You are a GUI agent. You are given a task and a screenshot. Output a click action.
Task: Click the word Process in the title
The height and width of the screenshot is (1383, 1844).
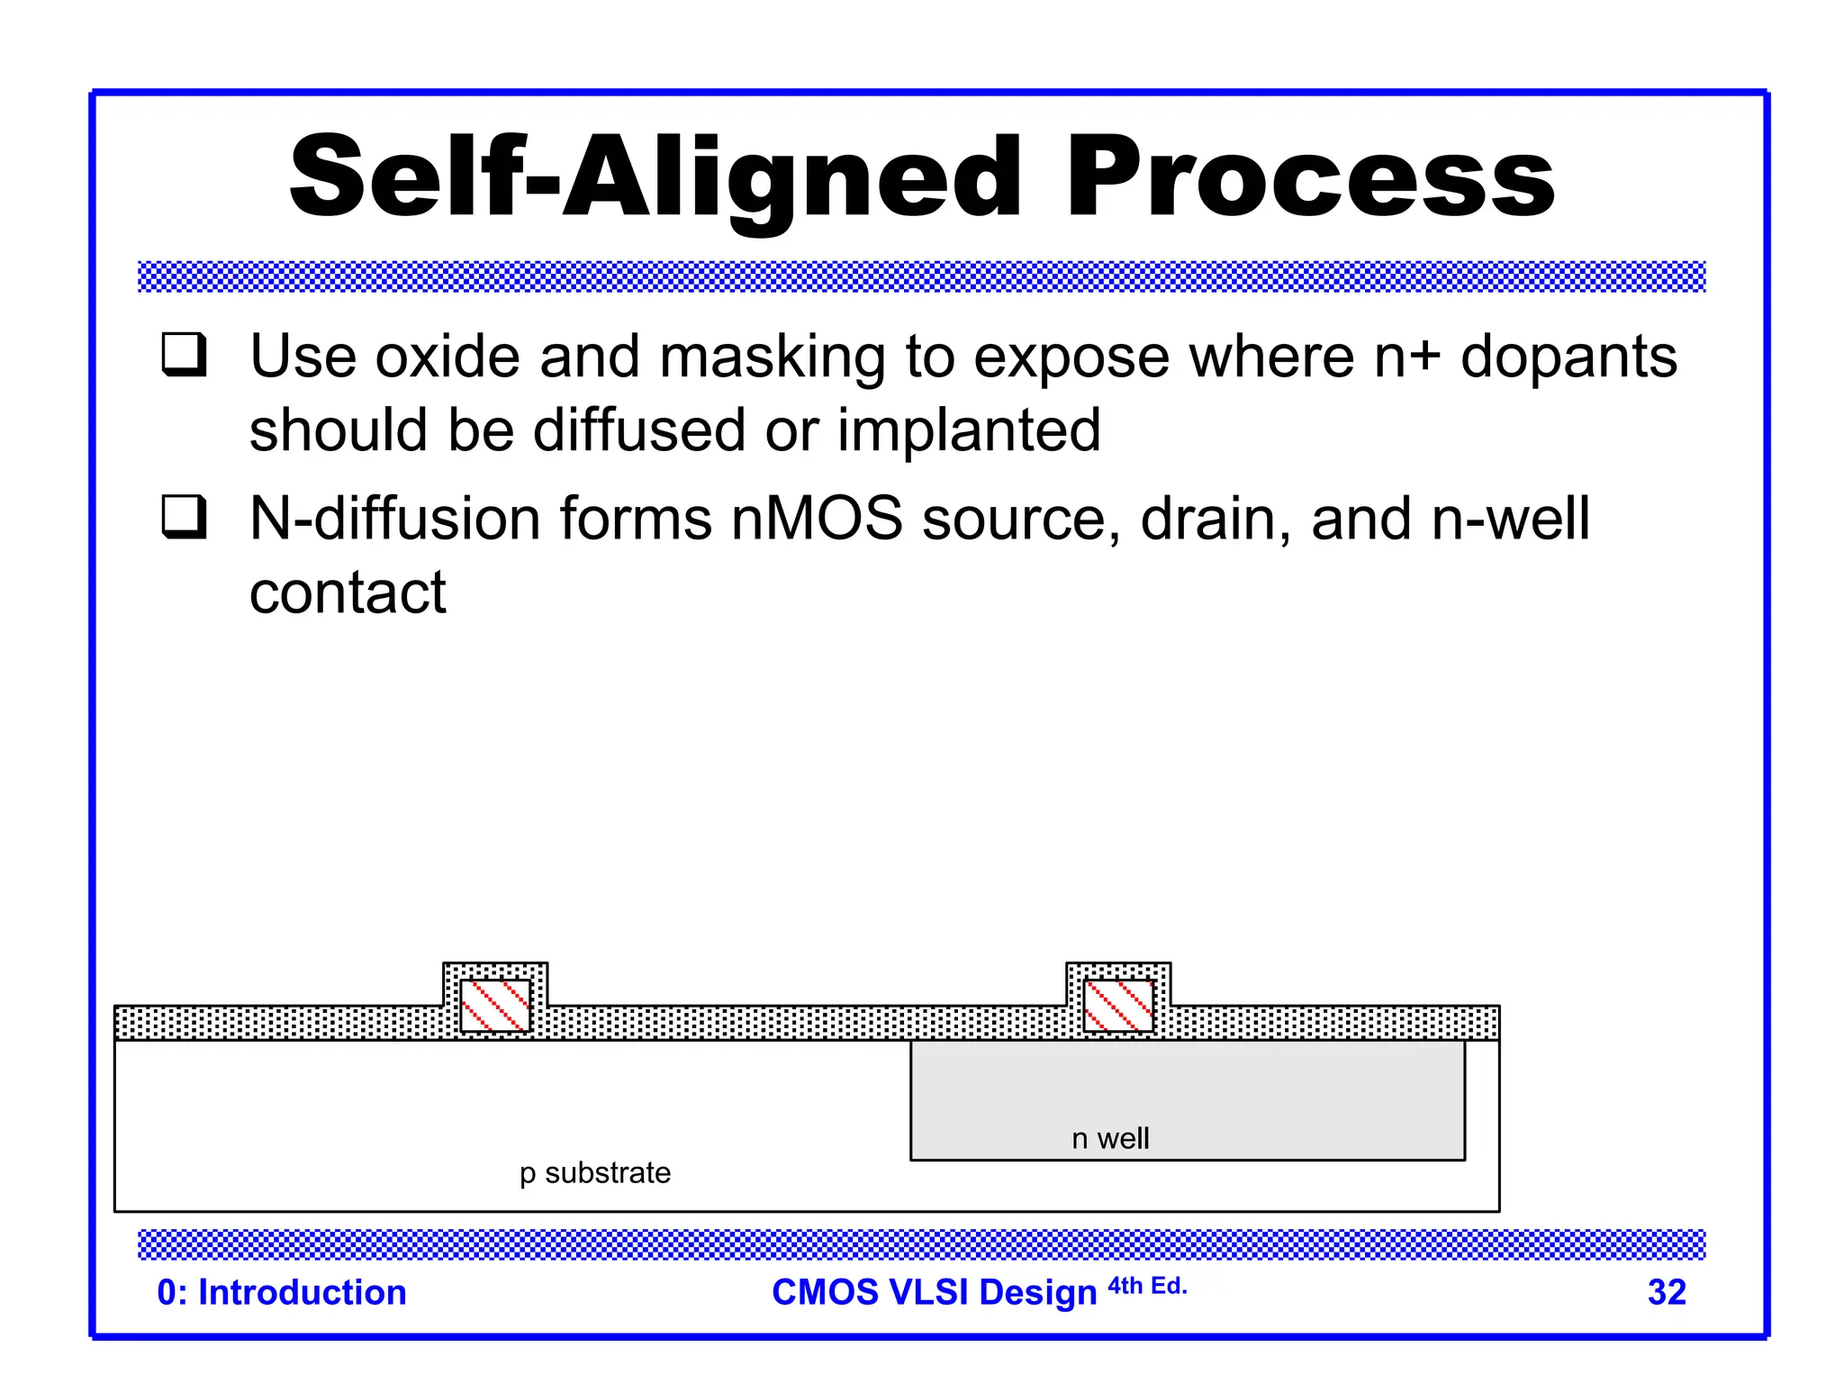pos(1310,176)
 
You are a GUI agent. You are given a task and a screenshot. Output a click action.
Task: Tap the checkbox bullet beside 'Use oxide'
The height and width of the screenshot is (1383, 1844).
pos(184,355)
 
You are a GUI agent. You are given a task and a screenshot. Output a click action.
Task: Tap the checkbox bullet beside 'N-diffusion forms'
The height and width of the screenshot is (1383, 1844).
pos(184,517)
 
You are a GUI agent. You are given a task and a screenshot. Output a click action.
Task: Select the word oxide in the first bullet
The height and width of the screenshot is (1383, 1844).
pos(447,357)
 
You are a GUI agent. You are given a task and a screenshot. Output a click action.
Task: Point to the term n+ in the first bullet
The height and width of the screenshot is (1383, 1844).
pos(1406,357)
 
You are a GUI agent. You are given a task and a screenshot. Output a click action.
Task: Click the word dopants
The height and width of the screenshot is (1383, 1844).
pos(1568,358)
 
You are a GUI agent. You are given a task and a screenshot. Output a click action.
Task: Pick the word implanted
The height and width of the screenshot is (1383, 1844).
pos(969,430)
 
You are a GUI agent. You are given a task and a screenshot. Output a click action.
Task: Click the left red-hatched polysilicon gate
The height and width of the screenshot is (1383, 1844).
pos(495,1005)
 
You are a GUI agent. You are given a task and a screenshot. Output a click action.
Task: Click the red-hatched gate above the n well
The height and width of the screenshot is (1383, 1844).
pos(1118,1005)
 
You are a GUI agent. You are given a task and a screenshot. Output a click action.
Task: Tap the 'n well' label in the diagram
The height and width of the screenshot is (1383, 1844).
pos(1109,1138)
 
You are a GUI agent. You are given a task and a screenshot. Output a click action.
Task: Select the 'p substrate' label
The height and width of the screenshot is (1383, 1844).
pos(594,1172)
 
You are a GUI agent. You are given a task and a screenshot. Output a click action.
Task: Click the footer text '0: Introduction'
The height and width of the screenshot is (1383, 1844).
pos(281,1292)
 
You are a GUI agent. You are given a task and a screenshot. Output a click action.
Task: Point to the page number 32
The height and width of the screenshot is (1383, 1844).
pos(1666,1292)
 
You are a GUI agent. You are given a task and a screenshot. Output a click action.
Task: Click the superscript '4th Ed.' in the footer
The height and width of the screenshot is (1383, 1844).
pos(1147,1286)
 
